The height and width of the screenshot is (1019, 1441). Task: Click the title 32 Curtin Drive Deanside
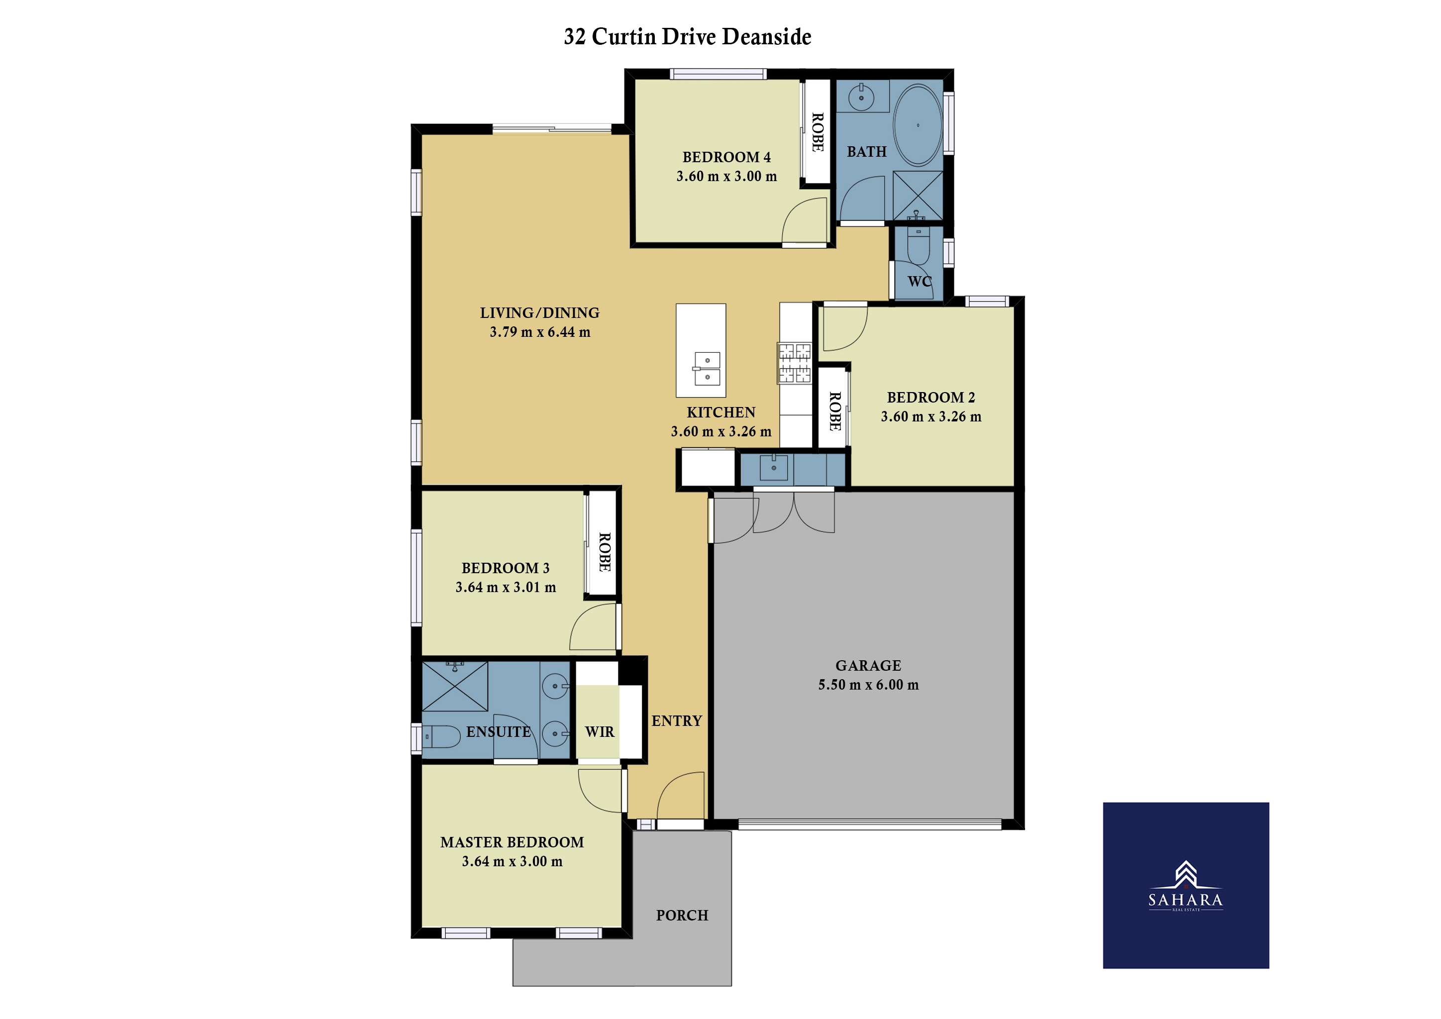(687, 36)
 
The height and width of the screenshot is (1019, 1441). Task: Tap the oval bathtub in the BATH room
(918, 125)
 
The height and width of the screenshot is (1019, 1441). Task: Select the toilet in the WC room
(918, 246)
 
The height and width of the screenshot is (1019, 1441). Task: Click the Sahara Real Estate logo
(1186, 885)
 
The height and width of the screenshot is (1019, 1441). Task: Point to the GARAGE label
(868, 665)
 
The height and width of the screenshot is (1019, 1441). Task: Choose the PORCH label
(682, 916)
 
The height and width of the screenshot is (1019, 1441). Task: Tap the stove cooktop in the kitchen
(795, 363)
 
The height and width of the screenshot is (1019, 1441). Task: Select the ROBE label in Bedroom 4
(818, 132)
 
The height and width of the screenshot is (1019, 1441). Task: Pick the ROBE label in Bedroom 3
(605, 552)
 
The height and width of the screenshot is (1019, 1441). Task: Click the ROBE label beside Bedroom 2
(835, 411)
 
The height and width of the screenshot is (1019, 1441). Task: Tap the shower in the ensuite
(455, 686)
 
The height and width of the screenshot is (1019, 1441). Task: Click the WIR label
(600, 731)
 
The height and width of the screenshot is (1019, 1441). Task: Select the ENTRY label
(677, 721)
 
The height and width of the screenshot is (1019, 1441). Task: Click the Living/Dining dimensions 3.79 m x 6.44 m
(540, 332)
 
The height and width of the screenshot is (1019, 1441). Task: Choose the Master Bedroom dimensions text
(512, 861)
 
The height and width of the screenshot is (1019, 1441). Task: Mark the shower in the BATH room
(918, 196)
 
